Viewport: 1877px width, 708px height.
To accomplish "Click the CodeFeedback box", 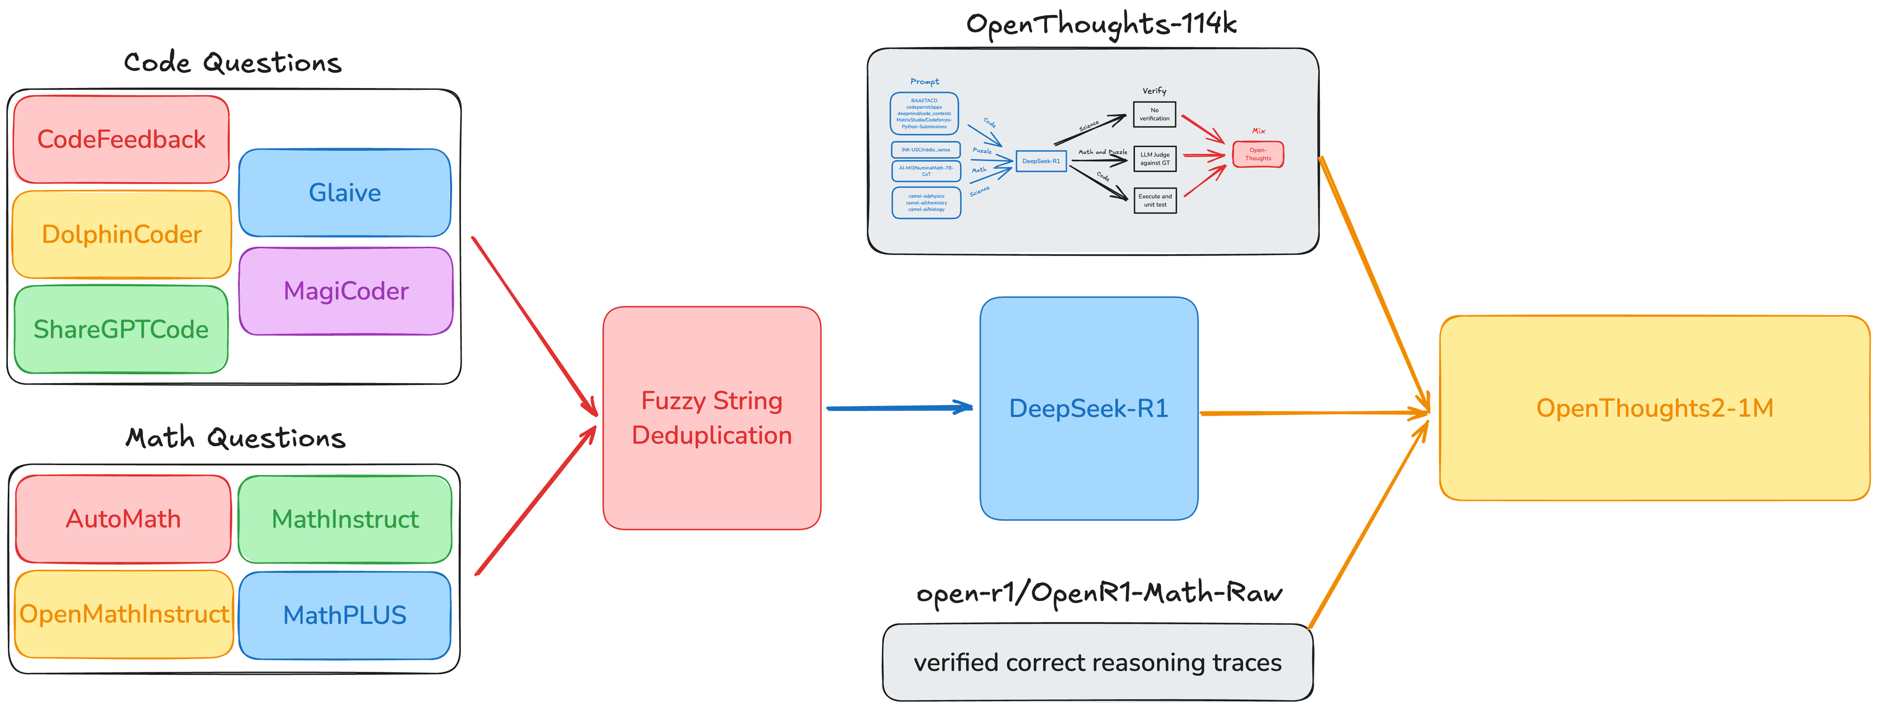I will point(121,139).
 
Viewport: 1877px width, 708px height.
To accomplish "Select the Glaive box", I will point(345,193).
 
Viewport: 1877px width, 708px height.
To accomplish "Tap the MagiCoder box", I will point(346,291).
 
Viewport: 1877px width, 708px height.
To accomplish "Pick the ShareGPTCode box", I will point(121,329).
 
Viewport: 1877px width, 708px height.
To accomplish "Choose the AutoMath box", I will point(123,518).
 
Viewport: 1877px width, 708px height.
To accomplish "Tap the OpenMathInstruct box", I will point(124,614).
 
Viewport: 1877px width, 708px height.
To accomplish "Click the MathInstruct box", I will point(345,518).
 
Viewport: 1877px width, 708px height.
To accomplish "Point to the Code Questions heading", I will point(233,63).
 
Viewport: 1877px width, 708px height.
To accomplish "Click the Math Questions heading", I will point(235,438).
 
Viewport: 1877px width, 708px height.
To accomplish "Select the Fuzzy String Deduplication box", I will point(711,417).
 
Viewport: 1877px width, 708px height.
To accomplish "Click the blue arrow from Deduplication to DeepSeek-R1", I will point(899,408).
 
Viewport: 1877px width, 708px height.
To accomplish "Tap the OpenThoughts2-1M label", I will point(1654,408).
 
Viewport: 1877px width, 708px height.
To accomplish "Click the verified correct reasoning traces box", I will point(1097,662).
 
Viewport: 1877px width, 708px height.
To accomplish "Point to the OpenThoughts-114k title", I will point(1101,24).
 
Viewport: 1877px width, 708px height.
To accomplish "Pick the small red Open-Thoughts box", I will point(1258,154).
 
